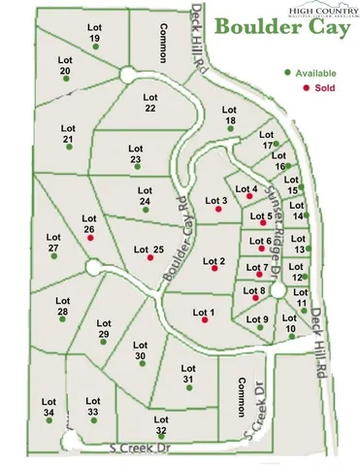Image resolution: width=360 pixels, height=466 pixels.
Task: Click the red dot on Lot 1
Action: click(x=205, y=321)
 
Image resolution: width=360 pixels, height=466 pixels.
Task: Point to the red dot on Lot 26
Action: click(x=91, y=237)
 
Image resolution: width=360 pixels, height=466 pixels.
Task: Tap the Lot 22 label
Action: click(x=149, y=102)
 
